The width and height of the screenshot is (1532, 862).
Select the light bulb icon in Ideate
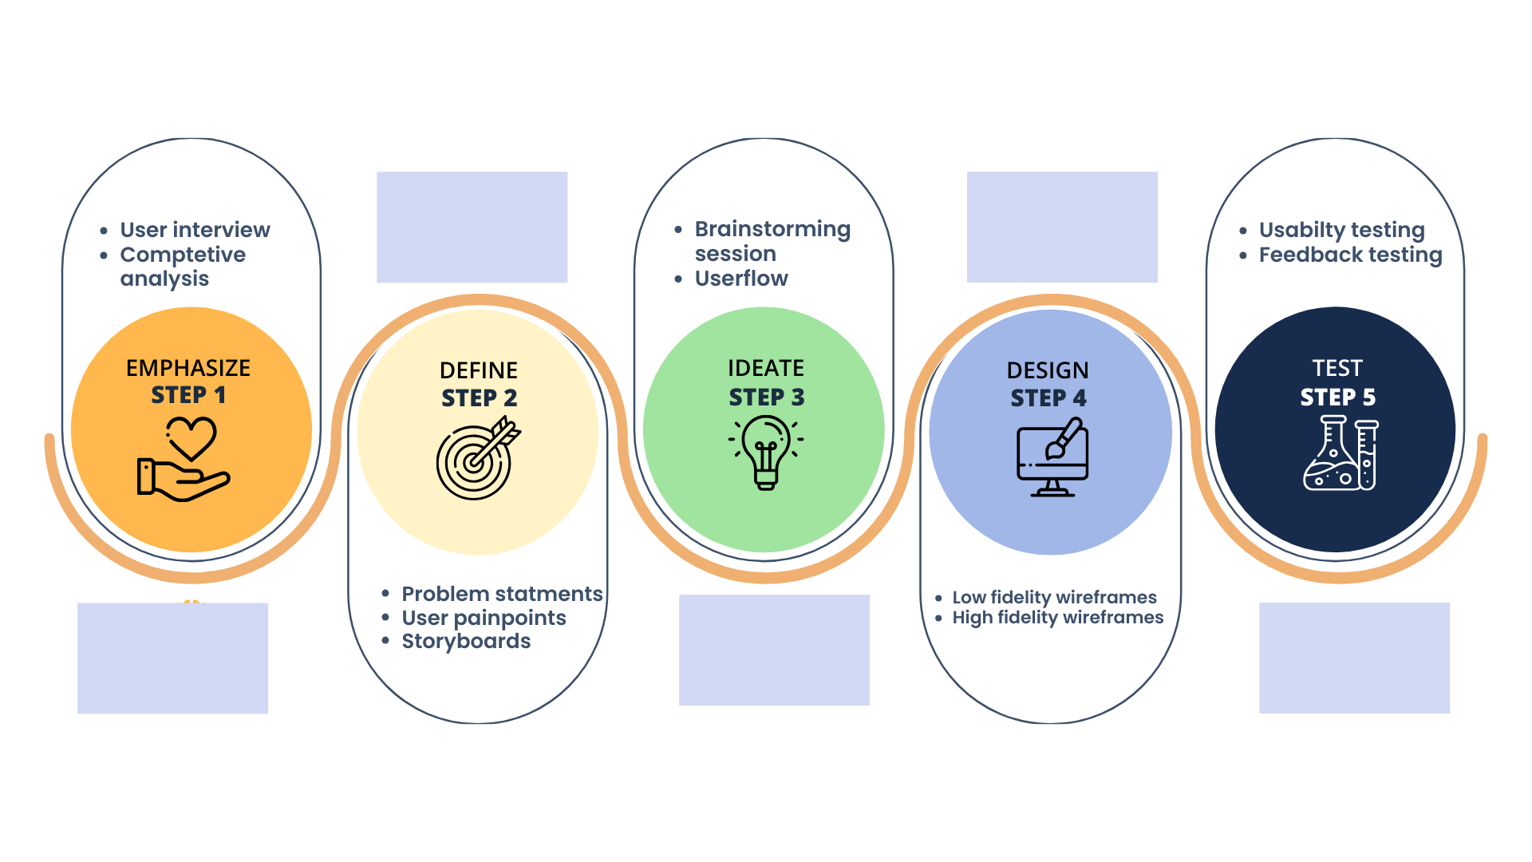[766, 453]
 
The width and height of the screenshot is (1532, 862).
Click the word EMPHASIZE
[188, 368]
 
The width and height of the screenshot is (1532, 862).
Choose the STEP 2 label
[480, 398]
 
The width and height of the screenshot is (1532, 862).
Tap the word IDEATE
[766, 368]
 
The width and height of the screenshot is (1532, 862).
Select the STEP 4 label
[1048, 398]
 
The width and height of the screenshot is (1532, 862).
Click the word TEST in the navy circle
[1337, 368]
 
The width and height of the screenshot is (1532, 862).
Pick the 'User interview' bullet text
[195, 230]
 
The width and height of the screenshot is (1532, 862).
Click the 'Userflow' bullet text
[741, 279]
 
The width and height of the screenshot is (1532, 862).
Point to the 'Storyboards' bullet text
[466, 641]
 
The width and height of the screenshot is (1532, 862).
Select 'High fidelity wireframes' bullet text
[1058, 617]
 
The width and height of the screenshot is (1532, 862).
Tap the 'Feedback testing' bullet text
[1350, 255]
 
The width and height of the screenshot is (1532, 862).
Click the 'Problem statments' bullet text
[502, 594]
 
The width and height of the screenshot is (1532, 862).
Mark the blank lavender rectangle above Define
[472, 227]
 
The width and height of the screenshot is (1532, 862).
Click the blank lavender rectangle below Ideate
[775, 650]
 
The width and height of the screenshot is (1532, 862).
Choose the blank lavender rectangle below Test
[1355, 658]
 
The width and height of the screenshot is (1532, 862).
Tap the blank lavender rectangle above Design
[1062, 227]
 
